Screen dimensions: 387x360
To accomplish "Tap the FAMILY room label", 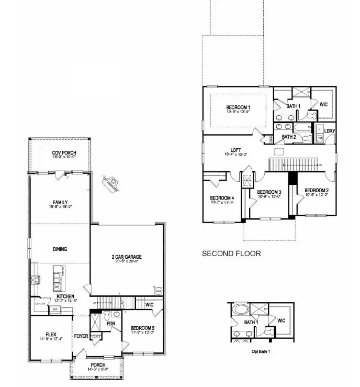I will [60, 202].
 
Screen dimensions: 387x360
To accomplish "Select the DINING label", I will [60, 249].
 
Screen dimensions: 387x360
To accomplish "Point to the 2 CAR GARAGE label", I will [127, 257].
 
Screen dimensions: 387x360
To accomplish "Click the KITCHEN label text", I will [66, 296].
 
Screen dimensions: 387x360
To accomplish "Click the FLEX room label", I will [51, 334].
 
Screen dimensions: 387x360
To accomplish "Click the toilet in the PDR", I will [106, 316].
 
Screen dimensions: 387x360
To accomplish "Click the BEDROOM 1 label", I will [238, 107].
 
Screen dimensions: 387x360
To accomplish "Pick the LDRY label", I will [329, 131].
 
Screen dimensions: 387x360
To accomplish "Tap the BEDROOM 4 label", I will [222, 197].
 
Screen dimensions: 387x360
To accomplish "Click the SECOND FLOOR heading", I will [231, 253].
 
